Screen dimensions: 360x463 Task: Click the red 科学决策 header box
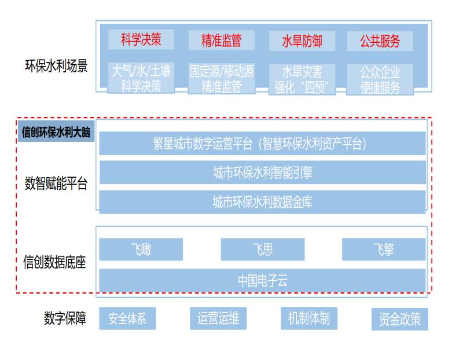tap(141, 39)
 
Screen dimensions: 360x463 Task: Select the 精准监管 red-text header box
tap(221, 40)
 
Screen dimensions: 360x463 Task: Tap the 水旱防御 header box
tap(302, 41)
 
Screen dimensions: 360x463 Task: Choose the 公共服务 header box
tap(380, 41)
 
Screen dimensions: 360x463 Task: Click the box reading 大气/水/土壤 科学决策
tap(141, 78)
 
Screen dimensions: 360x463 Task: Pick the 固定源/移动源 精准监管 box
tap(221, 79)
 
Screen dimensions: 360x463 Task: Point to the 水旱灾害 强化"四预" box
tap(302, 79)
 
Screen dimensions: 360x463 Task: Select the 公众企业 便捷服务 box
tap(380, 79)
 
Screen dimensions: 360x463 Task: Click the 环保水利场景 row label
tap(56, 66)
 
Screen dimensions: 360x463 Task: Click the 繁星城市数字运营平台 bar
tap(262, 144)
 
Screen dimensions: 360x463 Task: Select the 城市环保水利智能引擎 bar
tap(262, 172)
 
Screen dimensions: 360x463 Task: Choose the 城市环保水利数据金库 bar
tap(262, 202)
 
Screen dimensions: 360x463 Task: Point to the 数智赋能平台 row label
tap(56, 184)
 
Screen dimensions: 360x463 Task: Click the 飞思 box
tap(262, 249)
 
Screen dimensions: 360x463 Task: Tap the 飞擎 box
tap(383, 249)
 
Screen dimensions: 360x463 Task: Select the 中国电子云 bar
tap(262, 281)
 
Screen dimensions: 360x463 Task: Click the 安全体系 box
tap(127, 318)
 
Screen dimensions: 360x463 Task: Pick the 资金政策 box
tap(400, 319)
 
